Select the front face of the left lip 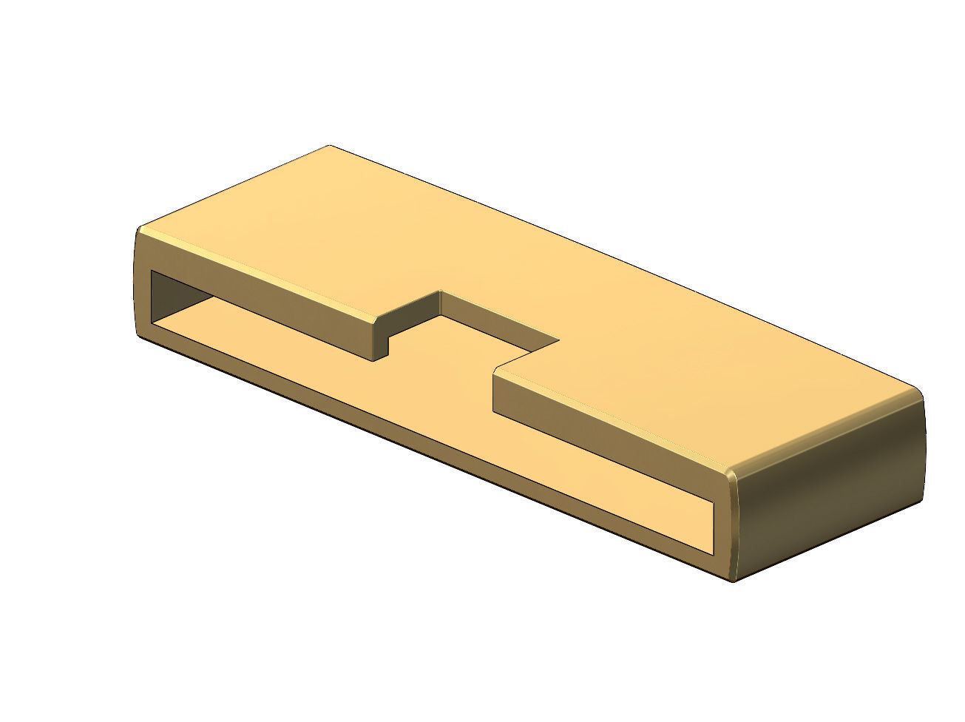(259, 296)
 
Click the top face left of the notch (296, 222)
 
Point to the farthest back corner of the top (331, 146)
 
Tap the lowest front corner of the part (732, 579)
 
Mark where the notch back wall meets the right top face (558, 341)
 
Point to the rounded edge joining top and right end (828, 429)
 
